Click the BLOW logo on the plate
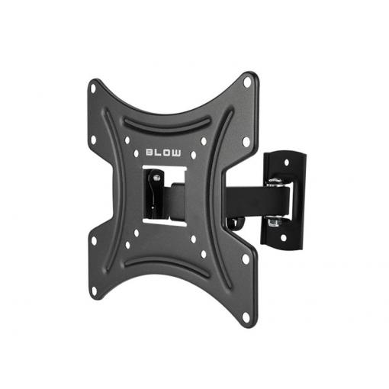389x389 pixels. [163, 153]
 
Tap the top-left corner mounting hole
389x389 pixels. [93, 88]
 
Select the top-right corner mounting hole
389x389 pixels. [247, 82]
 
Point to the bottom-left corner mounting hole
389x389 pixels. [94, 291]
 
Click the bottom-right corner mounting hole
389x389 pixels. [246, 317]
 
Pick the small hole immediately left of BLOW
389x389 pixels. [137, 153]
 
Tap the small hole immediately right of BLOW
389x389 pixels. [194, 155]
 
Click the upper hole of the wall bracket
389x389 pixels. [287, 162]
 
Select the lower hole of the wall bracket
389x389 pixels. [283, 238]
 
